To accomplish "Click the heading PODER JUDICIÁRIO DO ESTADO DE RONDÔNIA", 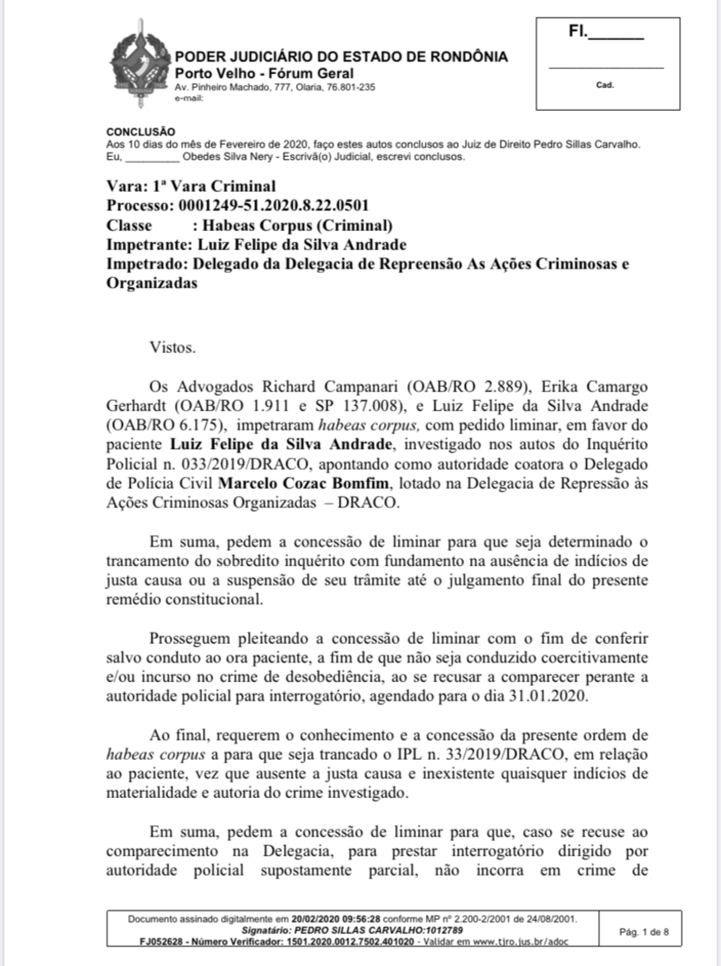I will click(x=341, y=57).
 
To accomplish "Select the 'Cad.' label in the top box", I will click(x=605, y=84).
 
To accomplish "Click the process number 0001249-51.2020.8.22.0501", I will click(x=271, y=206).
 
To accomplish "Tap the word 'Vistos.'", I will click(x=172, y=347).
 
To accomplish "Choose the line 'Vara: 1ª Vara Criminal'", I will click(x=191, y=187).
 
